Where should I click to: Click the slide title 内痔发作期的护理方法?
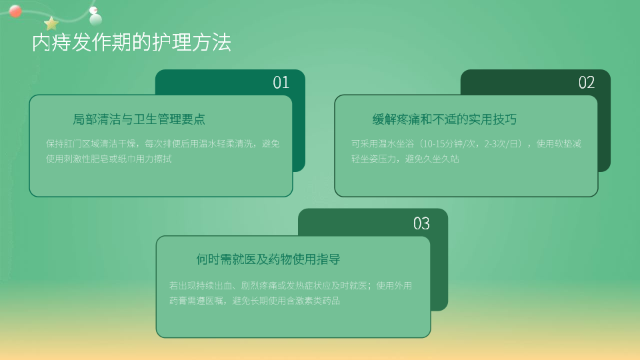(x=131, y=43)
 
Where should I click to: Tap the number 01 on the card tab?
(x=281, y=83)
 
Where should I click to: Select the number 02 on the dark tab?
(x=587, y=83)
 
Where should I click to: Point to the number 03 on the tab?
(x=421, y=223)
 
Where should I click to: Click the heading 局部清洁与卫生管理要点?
(x=139, y=119)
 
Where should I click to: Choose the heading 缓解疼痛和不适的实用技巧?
(x=445, y=119)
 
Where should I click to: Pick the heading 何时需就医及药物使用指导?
(x=268, y=259)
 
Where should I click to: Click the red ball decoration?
(x=15, y=11)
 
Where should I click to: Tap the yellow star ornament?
(x=51, y=24)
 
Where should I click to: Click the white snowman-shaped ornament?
(x=95, y=16)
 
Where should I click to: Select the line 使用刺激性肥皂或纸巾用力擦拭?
(x=109, y=159)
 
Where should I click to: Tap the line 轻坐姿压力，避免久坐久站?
(x=405, y=159)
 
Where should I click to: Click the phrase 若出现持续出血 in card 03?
(x=201, y=286)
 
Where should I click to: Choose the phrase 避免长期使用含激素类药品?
(x=286, y=301)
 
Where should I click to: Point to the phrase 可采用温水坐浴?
(x=383, y=144)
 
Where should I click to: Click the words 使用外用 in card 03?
(x=394, y=286)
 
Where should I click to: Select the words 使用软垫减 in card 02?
(x=559, y=144)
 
